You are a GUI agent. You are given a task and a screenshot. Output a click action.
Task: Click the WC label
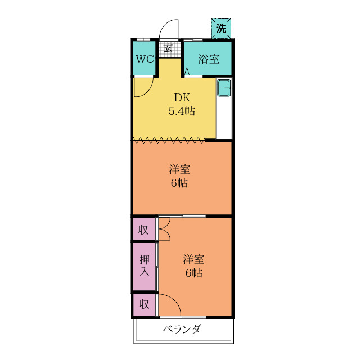(144, 60)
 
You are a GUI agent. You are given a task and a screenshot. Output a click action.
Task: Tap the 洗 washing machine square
(221, 29)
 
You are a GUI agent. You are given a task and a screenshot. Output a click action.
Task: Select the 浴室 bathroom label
(209, 60)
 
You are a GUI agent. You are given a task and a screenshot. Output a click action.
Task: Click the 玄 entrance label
(168, 48)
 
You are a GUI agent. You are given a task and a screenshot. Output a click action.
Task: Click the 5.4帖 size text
(182, 111)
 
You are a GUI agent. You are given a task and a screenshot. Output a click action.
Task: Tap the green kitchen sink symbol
(224, 88)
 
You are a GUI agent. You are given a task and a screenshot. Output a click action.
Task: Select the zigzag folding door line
(169, 138)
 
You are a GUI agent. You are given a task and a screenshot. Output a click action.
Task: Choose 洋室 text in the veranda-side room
(194, 259)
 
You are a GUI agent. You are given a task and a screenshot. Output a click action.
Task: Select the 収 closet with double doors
(145, 229)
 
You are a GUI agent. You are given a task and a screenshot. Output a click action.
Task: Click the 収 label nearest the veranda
(145, 304)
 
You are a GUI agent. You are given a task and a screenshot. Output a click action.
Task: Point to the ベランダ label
(182, 330)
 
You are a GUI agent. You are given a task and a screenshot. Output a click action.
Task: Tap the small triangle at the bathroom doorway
(187, 71)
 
